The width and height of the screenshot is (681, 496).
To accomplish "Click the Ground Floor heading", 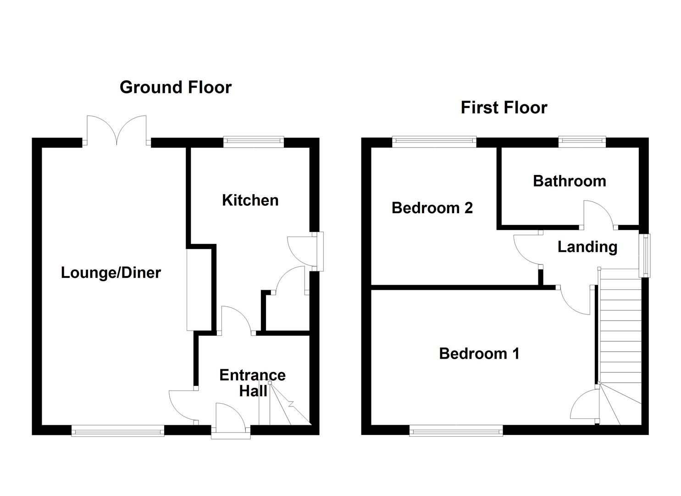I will coord(176,87).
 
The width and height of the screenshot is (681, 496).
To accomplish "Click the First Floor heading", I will coord(504,108).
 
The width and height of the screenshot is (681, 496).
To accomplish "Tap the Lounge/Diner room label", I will coord(111,273).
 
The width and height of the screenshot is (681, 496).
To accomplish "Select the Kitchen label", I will coord(250,200).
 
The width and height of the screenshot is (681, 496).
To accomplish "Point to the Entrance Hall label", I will coord(252,383).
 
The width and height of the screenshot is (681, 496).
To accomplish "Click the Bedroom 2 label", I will coord(432,208).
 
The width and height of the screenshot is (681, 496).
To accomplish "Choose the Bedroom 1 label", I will coord(479,354).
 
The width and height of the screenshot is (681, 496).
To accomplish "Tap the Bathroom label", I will coord(569,181).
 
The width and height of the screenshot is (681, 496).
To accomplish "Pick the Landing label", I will coord(587,247).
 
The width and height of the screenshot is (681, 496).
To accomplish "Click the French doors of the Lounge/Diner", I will coord(117,130).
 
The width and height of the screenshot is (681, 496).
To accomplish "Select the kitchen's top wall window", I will coord(254,142).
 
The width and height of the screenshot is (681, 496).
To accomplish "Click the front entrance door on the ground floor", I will coord(231,420).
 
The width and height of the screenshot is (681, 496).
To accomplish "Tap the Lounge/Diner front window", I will coord(118,430).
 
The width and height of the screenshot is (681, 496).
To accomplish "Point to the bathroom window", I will coord(582,142).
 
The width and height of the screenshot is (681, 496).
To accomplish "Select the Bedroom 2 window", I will coord(434,142).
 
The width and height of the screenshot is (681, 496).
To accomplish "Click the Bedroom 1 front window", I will coord(456,431).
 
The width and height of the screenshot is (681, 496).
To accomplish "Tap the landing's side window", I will coord(645,255).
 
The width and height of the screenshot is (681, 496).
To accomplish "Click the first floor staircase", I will coord(620,340).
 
